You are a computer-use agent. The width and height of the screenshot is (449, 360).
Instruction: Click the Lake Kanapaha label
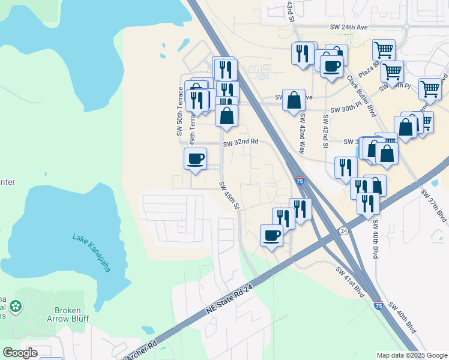tap(91, 253)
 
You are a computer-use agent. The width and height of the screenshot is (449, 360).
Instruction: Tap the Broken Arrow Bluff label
tap(71, 315)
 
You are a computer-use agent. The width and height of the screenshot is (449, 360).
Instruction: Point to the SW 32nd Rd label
tap(241, 142)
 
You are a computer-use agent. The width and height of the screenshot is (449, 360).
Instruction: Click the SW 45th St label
tap(229, 196)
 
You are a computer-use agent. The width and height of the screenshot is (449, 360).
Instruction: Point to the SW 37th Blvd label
tap(433, 205)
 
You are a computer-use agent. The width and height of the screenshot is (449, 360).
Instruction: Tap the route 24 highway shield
tap(343, 230)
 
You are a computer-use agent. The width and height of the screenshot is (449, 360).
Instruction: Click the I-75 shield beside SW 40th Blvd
tap(378, 305)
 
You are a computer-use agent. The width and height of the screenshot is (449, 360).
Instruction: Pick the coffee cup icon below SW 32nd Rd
tap(195, 159)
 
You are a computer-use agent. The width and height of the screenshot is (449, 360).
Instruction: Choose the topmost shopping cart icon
tap(384, 50)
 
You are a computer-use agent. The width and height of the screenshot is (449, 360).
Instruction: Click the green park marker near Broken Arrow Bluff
tap(15, 308)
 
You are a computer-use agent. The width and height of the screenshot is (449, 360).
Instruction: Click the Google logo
tap(20, 353)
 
